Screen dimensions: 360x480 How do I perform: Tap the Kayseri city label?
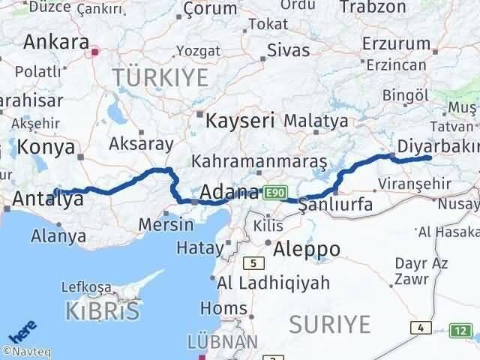tap(240, 120)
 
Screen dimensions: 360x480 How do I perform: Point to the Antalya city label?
tap(48, 199)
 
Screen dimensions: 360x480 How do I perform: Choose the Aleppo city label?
tap(307, 249)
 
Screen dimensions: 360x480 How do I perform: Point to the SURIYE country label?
tap(331, 325)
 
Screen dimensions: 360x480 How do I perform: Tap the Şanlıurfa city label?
tap(335, 204)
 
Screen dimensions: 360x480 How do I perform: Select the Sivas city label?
tap(289, 52)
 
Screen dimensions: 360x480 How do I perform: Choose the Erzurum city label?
tap(395, 43)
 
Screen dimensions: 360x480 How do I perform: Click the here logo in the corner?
tap(22, 331)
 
